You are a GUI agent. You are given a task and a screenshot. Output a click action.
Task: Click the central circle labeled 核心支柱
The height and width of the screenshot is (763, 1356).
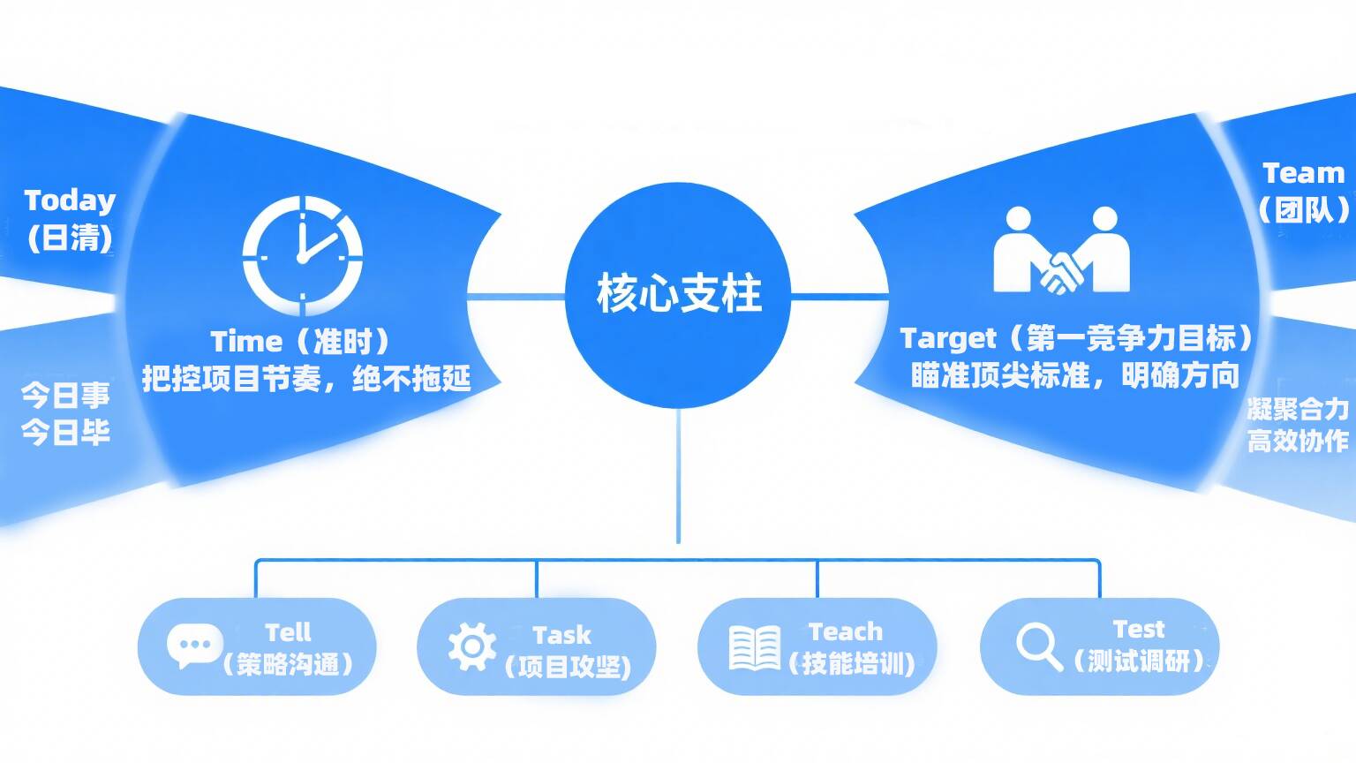(x=678, y=295)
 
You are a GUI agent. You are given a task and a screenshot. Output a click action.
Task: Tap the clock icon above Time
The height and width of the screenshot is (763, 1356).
(x=303, y=255)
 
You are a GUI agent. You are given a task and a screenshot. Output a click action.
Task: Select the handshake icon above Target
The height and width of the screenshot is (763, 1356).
(x=1062, y=250)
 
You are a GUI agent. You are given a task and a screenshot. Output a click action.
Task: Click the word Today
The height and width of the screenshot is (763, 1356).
(x=70, y=201)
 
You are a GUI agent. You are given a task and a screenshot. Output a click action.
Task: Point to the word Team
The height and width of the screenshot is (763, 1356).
(x=1303, y=174)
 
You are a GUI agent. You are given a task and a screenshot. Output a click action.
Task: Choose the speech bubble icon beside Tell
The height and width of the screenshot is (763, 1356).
(x=194, y=646)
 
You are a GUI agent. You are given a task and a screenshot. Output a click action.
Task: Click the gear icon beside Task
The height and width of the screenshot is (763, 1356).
(x=472, y=646)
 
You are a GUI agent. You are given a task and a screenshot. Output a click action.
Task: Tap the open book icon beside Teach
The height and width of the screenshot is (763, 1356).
(x=755, y=648)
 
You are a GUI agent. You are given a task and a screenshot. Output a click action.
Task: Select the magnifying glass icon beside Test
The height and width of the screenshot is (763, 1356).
(x=1039, y=646)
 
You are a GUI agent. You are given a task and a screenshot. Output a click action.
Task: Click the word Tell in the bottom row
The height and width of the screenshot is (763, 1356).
(x=288, y=633)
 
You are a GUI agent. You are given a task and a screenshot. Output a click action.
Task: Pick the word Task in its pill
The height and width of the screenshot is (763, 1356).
(x=561, y=635)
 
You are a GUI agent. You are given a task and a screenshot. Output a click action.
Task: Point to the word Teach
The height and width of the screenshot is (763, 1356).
(x=846, y=631)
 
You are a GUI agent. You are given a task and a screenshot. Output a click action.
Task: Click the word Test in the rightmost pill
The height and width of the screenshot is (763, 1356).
(x=1139, y=630)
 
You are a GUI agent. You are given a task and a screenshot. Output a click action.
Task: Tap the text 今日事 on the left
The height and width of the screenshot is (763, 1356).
(x=65, y=395)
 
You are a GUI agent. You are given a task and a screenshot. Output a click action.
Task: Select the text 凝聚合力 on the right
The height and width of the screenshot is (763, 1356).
(x=1298, y=410)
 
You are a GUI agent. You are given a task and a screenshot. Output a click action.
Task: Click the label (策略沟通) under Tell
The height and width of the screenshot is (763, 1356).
(x=288, y=664)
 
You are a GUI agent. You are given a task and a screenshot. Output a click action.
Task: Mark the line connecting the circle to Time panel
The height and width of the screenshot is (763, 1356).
(x=516, y=296)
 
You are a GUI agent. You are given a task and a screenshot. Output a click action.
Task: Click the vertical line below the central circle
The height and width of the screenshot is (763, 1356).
(x=678, y=475)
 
